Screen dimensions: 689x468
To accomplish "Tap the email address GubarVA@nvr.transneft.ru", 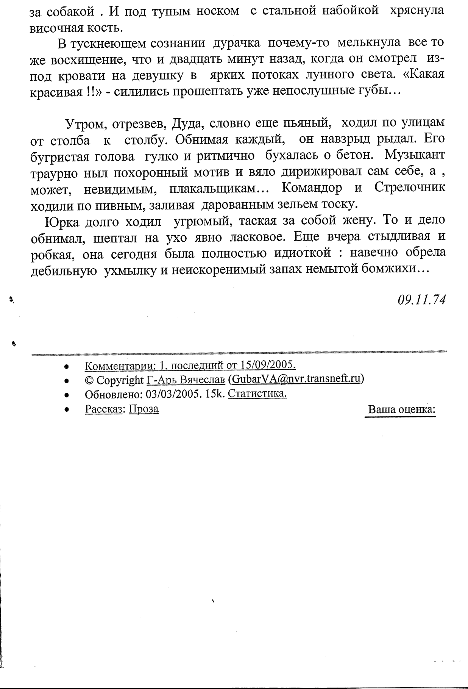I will tap(296, 379).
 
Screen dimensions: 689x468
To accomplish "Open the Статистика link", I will tap(258, 394).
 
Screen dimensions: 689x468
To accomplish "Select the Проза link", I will tap(144, 409).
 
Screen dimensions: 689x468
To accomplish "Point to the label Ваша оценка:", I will tap(402, 410).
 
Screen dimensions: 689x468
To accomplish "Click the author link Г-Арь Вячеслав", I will tap(186, 380).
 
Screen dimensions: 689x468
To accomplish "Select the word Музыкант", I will tap(415, 155).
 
